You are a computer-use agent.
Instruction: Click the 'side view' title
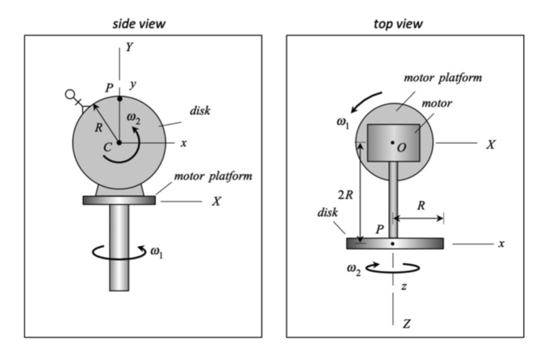[x=138, y=24]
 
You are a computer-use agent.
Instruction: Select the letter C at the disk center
[x=108, y=148]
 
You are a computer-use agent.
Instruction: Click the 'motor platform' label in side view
[x=213, y=177]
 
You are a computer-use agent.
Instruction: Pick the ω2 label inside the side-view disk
[x=133, y=118]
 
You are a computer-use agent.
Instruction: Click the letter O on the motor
[x=402, y=149]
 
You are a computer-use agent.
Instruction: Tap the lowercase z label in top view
[x=404, y=285]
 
